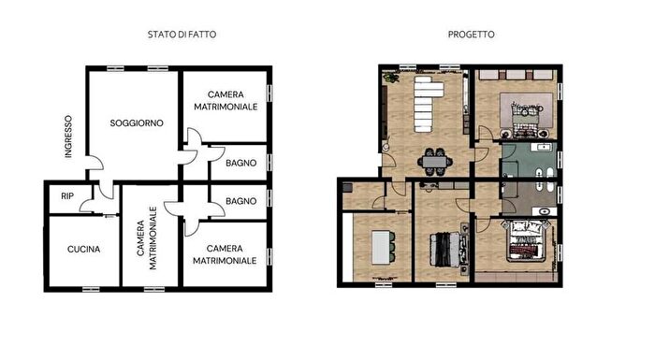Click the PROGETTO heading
point(472,35)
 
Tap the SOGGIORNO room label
point(137,122)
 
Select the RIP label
point(66,196)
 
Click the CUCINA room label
point(83,250)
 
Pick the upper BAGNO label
point(240,164)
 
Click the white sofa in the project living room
point(430,103)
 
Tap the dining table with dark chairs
point(434,161)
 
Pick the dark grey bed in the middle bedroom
point(444,249)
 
